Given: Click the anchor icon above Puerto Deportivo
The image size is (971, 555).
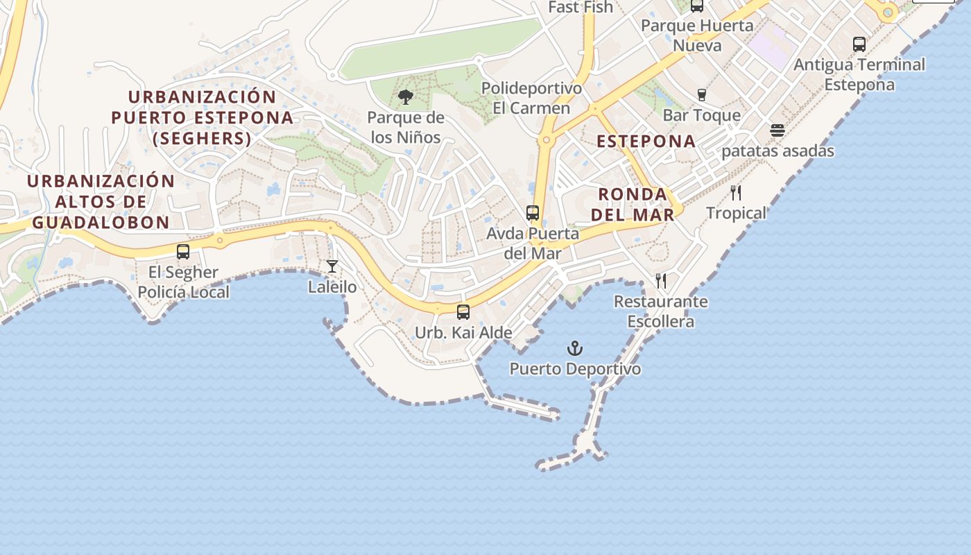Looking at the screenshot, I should pos(574,348).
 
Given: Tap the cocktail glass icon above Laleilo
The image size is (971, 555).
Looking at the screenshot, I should pos(332,266).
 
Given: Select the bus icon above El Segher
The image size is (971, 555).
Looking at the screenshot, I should pos(183,252).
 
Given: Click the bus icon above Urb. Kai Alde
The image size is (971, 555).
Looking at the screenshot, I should pos(463,312).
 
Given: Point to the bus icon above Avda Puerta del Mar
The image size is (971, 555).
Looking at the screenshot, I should pos(533,213).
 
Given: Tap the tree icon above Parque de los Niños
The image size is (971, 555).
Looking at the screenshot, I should pos(406,97).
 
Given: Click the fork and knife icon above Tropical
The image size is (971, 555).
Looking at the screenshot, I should pos(736,193).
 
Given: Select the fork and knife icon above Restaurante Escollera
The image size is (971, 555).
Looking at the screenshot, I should pos(661,281).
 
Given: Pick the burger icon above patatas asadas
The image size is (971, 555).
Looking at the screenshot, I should pos(777,130).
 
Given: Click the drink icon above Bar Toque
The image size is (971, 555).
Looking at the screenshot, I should pos(701,94).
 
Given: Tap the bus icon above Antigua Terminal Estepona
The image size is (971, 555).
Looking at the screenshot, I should pos(859,44).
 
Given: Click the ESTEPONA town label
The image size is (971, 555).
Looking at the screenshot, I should pos(646,141).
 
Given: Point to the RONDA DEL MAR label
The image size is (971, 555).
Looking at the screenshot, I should pos(633,204).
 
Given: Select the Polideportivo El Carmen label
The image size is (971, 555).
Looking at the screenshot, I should pos(531,99).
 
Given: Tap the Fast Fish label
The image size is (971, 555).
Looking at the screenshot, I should pos(581,7).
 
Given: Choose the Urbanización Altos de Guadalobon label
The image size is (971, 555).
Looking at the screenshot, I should pos(101,201).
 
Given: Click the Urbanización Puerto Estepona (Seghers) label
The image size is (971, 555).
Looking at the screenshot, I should pos(202,117).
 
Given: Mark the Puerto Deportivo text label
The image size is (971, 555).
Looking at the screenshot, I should pos(575,368).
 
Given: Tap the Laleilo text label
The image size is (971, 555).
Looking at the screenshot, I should pos(332,287).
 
